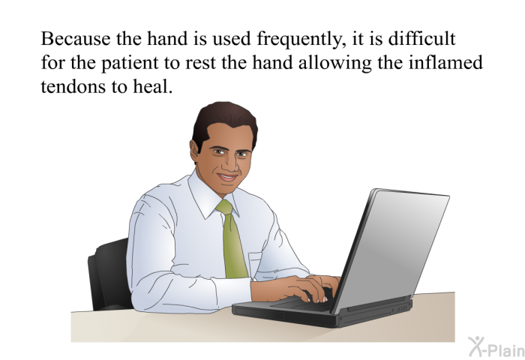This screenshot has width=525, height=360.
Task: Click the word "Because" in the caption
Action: pyautogui.click(x=75, y=38)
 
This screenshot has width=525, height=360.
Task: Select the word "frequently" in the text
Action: pyautogui.click(x=301, y=40)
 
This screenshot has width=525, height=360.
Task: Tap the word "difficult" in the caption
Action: pyautogui.click(x=421, y=38)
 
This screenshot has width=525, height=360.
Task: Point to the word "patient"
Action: pyautogui.click(x=130, y=64)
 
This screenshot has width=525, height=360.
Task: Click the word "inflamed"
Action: pyautogui.click(x=445, y=62)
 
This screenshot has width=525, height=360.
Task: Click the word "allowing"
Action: pyautogui.click(x=334, y=64)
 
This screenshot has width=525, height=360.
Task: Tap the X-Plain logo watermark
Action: pyautogui.click(x=496, y=347)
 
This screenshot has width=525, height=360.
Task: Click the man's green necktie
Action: pyautogui.click(x=232, y=240)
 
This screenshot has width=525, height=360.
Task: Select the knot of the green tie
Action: pyautogui.click(x=225, y=208)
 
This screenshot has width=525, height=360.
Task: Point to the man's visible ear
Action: pyautogui.click(x=194, y=151)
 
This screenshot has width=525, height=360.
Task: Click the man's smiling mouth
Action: pyautogui.click(x=227, y=176)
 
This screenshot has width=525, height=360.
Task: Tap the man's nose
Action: pyautogui.click(x=232, y=163)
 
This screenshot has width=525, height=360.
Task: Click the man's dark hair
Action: pyautogui.click(x=223, y=122)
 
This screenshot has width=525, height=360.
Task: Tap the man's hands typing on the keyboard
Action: pyautogui.click(x=301, y=287)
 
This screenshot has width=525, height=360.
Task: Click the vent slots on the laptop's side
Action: pyautogui.click(x=403, y=307)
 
